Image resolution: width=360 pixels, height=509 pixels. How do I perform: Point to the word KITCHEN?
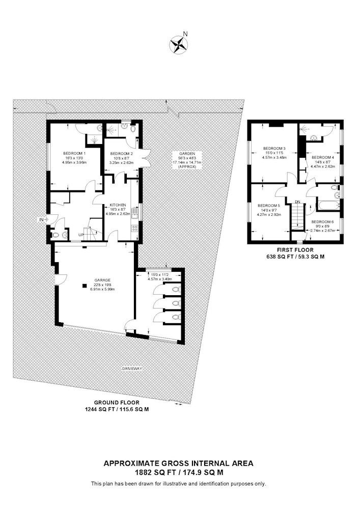point(118,205)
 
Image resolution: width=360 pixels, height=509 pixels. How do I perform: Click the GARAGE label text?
point(102,280)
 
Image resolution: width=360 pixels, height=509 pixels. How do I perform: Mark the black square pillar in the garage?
point(85,286)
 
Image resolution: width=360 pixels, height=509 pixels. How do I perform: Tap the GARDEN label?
point(187,154)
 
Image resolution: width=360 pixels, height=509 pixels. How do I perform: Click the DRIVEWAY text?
point(132,369)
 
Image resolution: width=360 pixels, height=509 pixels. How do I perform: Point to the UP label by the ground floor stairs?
point(81,235)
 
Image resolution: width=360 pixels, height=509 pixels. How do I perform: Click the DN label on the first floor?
point(297,202)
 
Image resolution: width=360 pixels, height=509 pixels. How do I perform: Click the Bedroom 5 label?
point(268,206)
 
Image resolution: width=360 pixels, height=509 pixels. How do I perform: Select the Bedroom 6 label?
point(322,222)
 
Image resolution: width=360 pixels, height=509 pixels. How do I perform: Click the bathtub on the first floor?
point(328,206)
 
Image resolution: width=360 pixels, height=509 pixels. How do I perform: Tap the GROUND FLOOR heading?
point(117,403)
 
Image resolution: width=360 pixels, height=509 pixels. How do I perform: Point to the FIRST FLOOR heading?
point(295,250)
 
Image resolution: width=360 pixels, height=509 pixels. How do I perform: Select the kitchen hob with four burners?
point(135,228)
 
